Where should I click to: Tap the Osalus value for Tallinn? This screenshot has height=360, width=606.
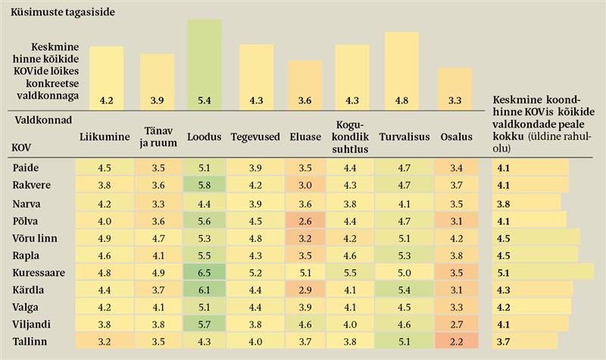click(455, 342)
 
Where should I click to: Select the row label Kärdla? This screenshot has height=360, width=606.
click(27, 290)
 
